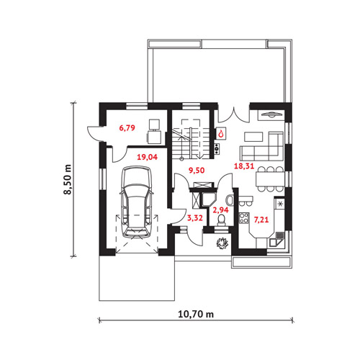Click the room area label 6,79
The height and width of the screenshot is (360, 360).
tap(127, 127)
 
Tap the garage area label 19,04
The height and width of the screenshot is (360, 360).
tap(147, 157)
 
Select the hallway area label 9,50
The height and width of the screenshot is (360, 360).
tap(197, 170)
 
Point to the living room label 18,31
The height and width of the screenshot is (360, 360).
tap(244, 166)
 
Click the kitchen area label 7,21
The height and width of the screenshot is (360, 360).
tap(261, 220)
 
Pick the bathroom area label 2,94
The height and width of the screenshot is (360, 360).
tap(221, 210)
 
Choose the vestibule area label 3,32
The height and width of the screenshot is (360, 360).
tap(195, 218)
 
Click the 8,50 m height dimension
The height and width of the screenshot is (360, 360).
tap(68, 179)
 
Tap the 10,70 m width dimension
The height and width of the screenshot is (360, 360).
tap(196, 314)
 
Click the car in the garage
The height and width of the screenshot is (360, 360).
tap(137, 202)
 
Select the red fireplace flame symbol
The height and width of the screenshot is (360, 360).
tap(221, 133)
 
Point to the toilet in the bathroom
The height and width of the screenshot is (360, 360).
tap(221, 220)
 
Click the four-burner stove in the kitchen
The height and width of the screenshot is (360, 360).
tap(244, 218)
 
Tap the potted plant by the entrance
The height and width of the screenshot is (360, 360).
tap(222, 243)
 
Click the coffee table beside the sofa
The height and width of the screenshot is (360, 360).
tap(254, 137)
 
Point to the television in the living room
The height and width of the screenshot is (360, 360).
tap(271, 114)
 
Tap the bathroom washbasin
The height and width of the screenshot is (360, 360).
tap(230, 200)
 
